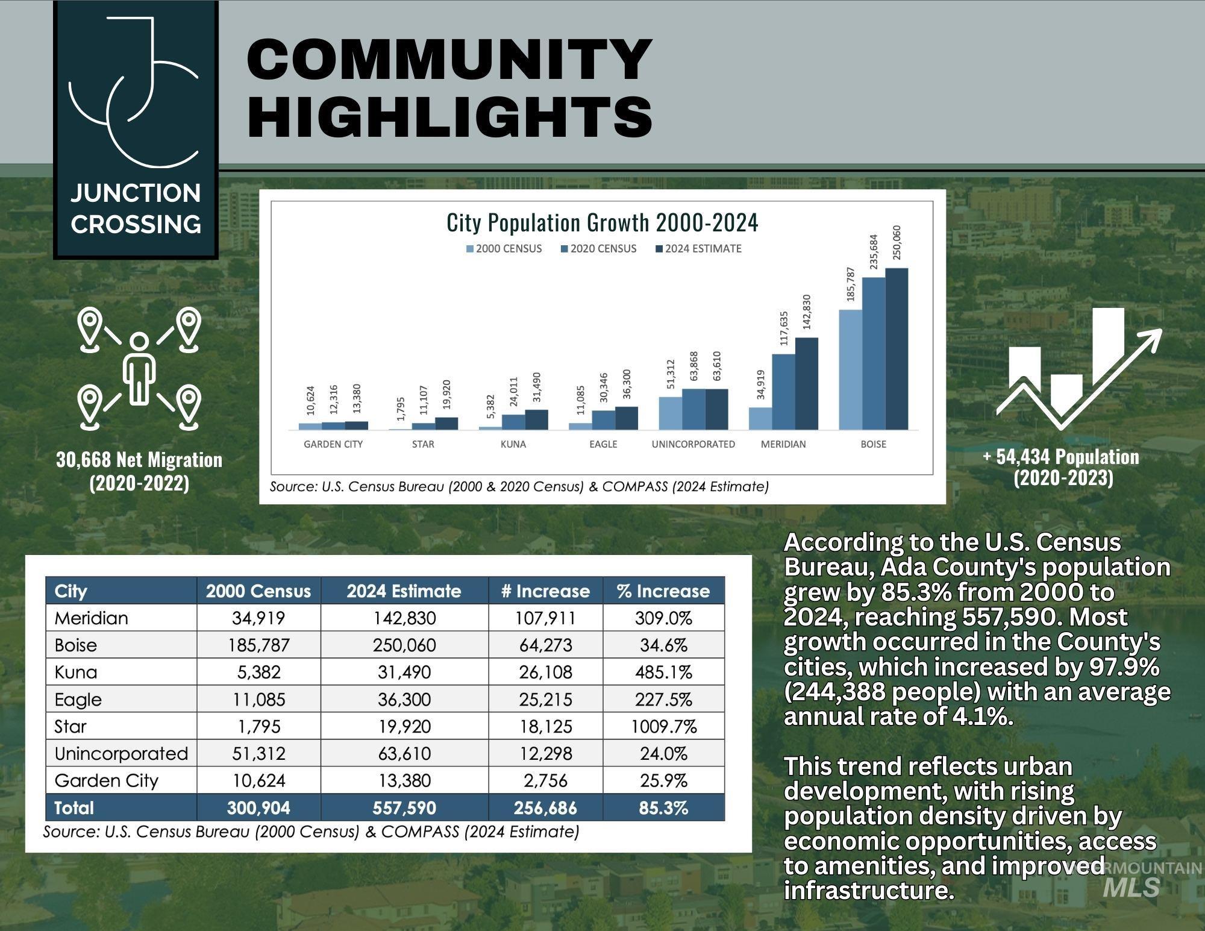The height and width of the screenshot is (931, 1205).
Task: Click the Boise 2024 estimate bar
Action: coord(897,349)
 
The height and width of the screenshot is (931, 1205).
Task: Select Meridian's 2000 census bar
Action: coord(760,418)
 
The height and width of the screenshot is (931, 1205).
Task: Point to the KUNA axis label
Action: coord(513,444)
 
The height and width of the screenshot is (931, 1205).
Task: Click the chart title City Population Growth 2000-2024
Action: coord(602,223)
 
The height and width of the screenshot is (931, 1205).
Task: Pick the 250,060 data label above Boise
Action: coord(897,243)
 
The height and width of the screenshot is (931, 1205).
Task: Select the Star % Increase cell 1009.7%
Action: coord(663,726)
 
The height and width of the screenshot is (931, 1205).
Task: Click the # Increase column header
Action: coord(545,591)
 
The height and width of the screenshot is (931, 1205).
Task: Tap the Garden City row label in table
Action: coord(106,780)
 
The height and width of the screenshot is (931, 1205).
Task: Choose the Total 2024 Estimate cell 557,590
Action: coord(404,807)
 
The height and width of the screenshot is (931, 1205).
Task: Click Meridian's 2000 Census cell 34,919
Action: coord(258,618)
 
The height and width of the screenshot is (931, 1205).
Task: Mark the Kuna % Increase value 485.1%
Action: coord(663,672)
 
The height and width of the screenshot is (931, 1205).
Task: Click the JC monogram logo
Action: coord(136,93)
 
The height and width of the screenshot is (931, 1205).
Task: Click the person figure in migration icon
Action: coord(139,369)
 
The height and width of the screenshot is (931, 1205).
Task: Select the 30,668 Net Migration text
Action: coord(139,460)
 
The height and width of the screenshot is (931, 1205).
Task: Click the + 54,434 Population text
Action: coord(1061,457)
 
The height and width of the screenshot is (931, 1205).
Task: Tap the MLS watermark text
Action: coord(1131,887)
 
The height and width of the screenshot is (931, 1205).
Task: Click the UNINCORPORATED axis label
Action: coord(693,444)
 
